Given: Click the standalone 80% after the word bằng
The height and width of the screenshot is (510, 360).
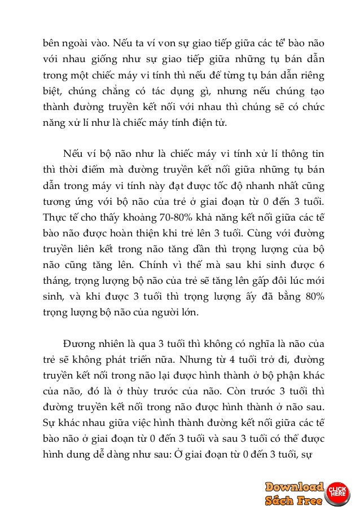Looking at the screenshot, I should click(x=315, y=295).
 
